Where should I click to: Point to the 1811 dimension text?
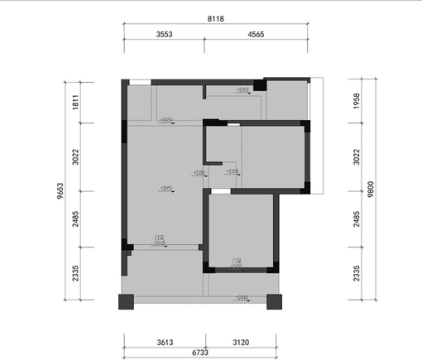click(75, 103)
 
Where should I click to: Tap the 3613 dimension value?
click(165, 341)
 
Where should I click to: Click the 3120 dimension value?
click(239, 341)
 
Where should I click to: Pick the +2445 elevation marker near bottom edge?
click(242, 297)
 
